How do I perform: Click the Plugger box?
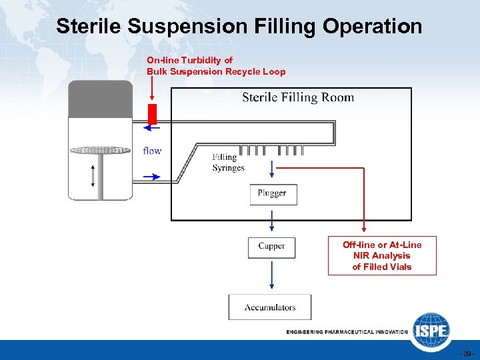[271, 193]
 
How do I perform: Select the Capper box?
[271, 247]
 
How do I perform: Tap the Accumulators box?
[270, 307]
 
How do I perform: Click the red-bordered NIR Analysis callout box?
[382, 256]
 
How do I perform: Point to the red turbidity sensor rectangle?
[152, 114]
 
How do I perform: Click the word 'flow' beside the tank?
[152, 151]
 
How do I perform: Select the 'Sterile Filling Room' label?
[298, 98]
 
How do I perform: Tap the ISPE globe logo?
[431, 331]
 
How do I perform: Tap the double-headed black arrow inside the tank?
[93, 175]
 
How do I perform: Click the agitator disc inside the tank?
[100, 150]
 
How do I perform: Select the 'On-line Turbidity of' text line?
[190, 60]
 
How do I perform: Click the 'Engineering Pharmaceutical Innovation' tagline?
[346, 331]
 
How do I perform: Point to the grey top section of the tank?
[101, 99]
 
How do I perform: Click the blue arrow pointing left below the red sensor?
[152, 129]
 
